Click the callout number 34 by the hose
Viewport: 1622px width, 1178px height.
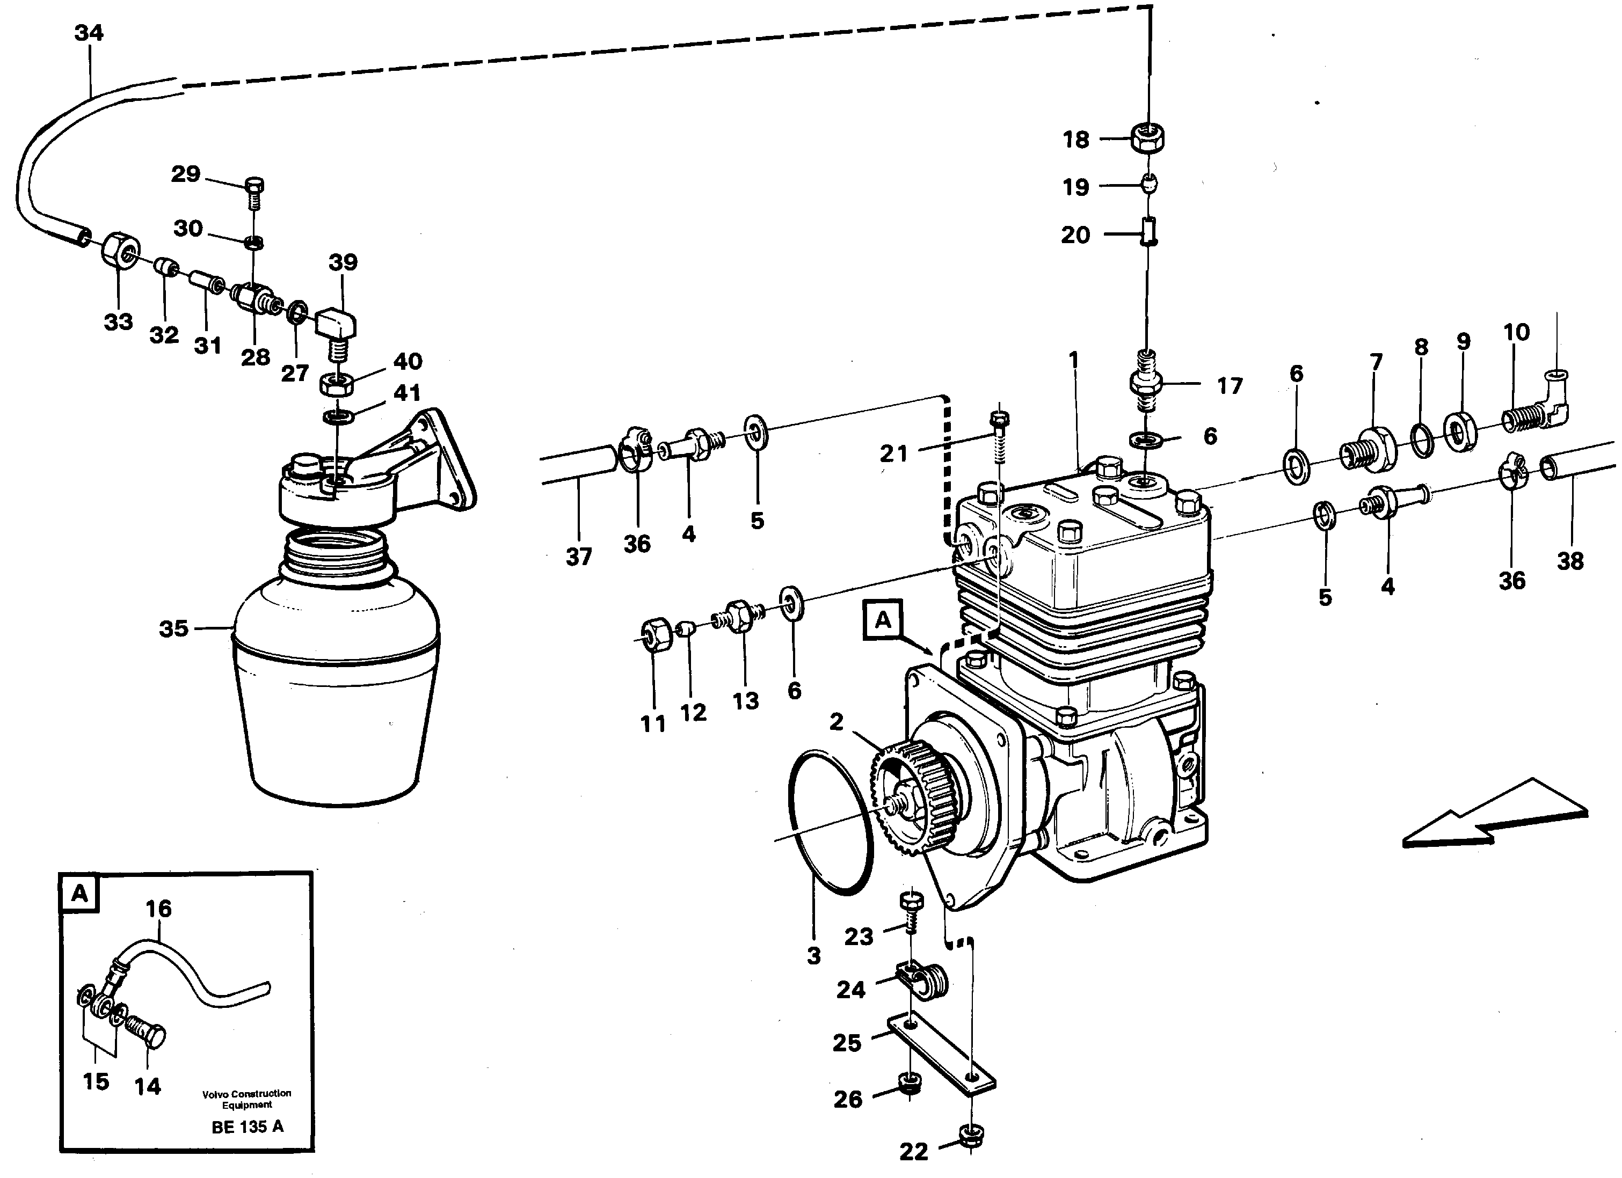click(89, 33)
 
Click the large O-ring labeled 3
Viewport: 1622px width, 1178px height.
click(830, 823)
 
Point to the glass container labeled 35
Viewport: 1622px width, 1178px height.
click(336, 686)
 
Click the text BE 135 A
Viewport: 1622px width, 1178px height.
click(248, 1127)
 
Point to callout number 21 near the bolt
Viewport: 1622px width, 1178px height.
click(893, 452)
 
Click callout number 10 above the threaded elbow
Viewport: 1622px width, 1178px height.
click(1516, 332)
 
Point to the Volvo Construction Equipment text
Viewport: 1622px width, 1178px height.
click(247, 1099)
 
